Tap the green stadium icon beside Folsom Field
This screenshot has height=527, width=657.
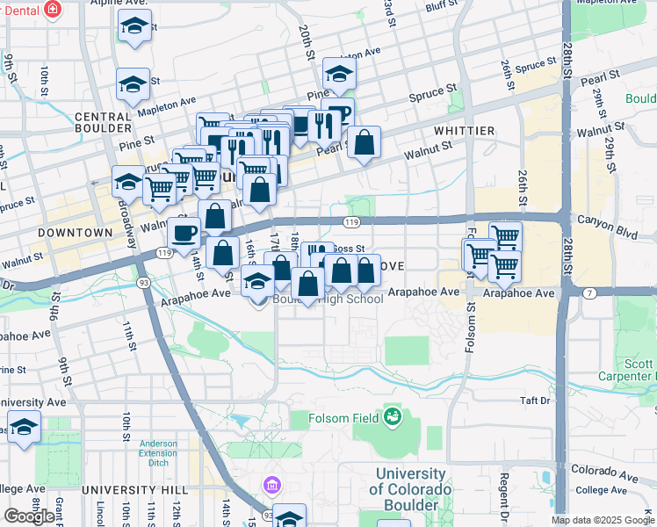pyautogui.click(x=392, y=416)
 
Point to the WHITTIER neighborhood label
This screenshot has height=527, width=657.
pyautogui.click(x=464, y=130)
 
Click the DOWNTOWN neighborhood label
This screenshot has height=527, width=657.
pyautogui.click(x=76, y=233)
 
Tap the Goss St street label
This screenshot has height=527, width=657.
pyautogui.click(x=349, y=249)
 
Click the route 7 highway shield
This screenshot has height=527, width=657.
pyautogui.click(x=588, y=292)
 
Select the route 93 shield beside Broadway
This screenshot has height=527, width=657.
pyautogui.click(x=142, y=283)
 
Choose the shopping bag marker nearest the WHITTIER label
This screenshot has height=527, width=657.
pyautogui.click(x=364, y=142)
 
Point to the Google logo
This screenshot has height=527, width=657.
pyautogui.click(x=29, y=516)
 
